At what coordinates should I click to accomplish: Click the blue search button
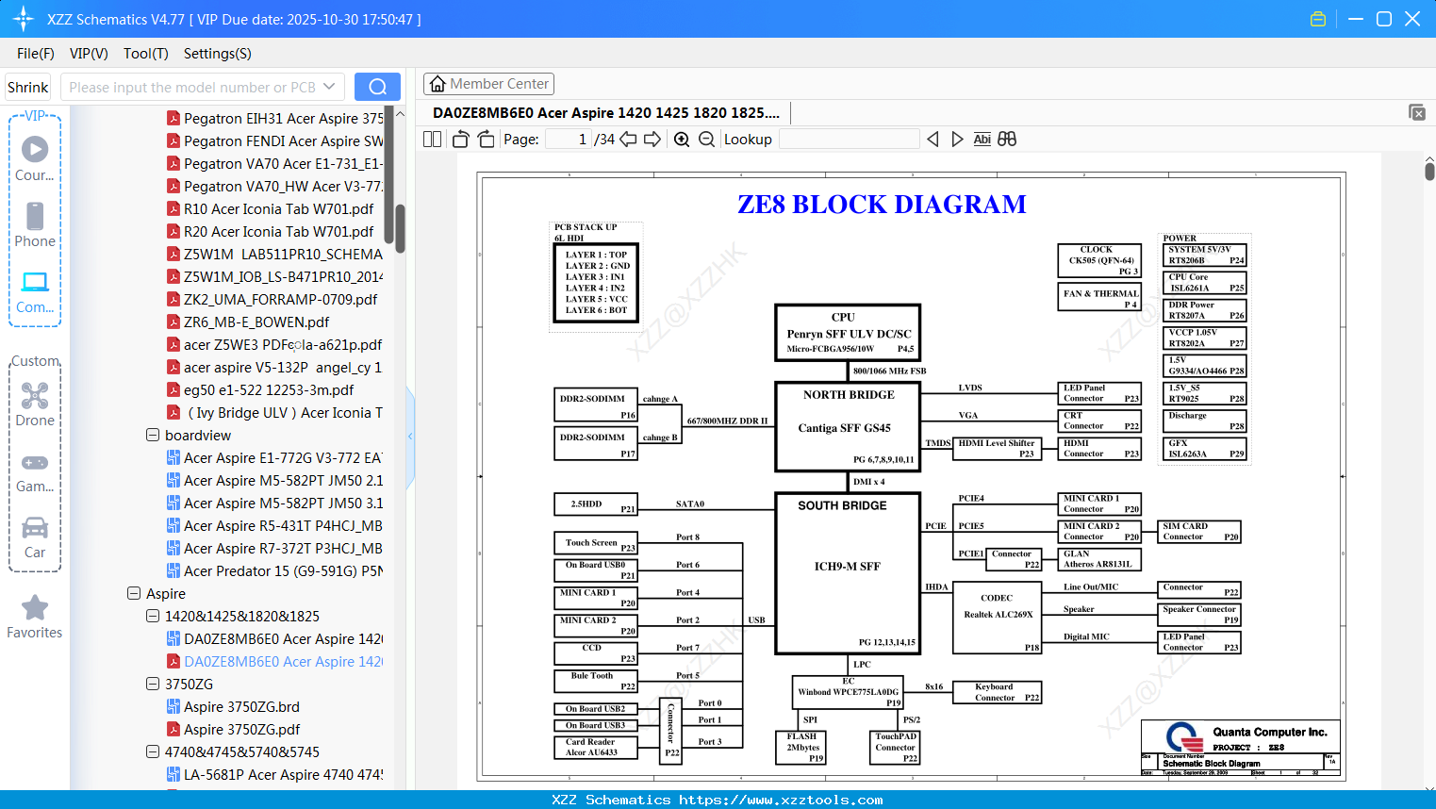[377, 87]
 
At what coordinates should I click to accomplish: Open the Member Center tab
[488, 84]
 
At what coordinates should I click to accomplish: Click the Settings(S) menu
[217, 54]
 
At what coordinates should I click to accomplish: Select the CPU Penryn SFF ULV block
[847, 333]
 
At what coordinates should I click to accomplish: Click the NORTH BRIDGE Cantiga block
[847, 426]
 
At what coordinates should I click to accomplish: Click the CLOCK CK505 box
[1100, 259]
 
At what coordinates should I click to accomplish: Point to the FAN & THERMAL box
[1100, 298]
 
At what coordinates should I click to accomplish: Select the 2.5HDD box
[595, 504]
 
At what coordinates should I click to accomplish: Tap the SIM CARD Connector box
[1198, 532]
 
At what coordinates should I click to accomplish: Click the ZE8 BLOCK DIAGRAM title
[881, 205]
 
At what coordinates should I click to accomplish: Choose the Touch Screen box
[595, 543]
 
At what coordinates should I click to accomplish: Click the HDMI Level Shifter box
[996, 448]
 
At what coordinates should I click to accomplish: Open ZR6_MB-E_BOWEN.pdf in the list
[256, 322]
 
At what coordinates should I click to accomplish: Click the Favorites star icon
[35, 608]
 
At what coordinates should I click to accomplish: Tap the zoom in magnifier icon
[682, 140]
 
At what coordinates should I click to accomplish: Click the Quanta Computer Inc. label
[1269, 732]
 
